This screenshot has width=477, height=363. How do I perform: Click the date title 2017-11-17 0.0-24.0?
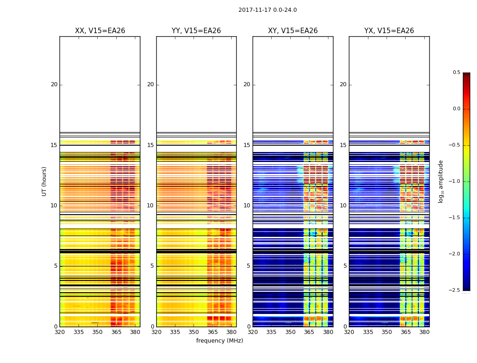tap(268, 10)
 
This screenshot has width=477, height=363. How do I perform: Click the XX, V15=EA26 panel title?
tap(100, 31)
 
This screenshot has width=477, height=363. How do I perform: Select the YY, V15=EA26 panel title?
tap(196, 31)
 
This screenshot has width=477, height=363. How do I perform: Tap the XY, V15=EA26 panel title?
tap(293, 31)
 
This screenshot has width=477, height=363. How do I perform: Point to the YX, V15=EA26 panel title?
tap(389, 31)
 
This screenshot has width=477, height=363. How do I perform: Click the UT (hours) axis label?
tap(45, 181)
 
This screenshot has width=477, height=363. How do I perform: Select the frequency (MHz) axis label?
tap(219, 341)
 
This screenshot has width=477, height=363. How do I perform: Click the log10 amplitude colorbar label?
tap(441, 181)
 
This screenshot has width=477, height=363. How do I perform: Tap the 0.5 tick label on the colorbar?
tap(456, 73)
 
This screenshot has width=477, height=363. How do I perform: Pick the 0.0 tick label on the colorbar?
tap(456, 109)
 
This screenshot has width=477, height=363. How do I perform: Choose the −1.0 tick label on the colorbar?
tap(455, 181)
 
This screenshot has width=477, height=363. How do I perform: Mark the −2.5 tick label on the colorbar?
tap(455, 290)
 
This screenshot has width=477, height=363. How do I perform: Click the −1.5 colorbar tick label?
tap(455, 218)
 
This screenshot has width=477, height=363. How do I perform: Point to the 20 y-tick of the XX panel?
tap(54, 84)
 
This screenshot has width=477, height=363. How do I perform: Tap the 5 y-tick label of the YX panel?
tap(345, 266)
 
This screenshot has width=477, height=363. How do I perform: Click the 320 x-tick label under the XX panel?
tap(60, 332)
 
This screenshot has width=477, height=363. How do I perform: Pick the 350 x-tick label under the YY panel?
tap(194, 332)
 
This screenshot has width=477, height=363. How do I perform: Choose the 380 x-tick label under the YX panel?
tap(424, 332)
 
